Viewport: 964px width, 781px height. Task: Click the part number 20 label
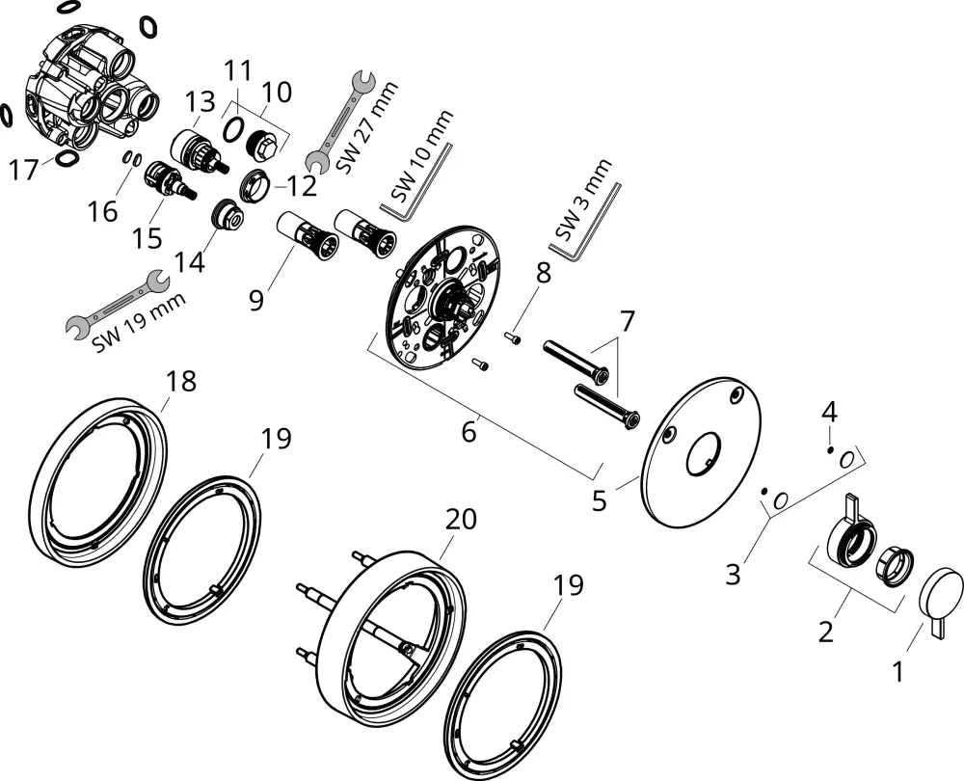[461, 519]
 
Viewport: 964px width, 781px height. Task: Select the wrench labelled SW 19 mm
[118, 304]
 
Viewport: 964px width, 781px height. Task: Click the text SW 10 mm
[422, 156]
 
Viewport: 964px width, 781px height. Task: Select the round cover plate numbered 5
[700, 452]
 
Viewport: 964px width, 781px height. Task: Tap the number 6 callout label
[469, 432]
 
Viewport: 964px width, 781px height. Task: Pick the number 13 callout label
[201, 101]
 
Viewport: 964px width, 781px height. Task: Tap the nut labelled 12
[254, 185]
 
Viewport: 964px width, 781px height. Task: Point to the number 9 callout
[256, 300]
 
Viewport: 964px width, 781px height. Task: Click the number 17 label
[24, 169]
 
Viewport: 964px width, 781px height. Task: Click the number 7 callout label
[626, 321]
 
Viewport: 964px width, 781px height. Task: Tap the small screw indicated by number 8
[514, 337]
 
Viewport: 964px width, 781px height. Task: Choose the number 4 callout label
[829, 412]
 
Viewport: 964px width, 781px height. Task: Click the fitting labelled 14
[228, 216]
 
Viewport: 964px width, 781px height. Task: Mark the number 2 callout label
[826, 631]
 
